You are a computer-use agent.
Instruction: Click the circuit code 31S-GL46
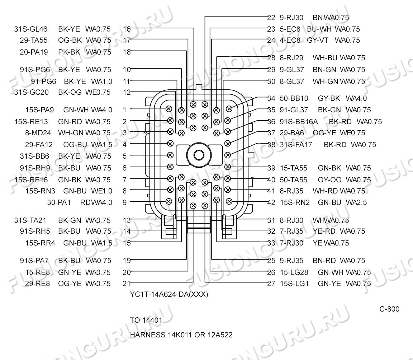[31, 29]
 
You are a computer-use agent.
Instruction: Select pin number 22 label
[271, 18]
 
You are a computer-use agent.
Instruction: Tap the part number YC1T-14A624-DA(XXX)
[169, 294]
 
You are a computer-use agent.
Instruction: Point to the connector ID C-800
[389, 309]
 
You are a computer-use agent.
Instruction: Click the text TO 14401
[146, 320]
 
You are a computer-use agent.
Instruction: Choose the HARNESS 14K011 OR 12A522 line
[181, 335]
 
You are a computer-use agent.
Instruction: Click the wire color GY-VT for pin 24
[318, 40]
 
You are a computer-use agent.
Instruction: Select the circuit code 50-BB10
[294, 98]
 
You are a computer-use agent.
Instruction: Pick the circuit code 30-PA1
[59, 202]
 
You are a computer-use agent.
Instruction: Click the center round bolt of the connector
[199, 155]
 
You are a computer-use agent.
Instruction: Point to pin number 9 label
[125, 202]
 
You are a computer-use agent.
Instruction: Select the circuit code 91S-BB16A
[299, 122]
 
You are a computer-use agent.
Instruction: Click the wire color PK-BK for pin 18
[69, 52]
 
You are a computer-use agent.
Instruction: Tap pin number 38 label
[271, 145]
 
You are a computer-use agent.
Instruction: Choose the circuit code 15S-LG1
[294, 284]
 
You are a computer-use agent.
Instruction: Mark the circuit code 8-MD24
[38, 133]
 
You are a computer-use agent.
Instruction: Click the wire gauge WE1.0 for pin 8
[102, 191]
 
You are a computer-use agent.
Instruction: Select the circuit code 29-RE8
[37, 284]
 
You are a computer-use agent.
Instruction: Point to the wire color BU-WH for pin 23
[319, 29]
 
